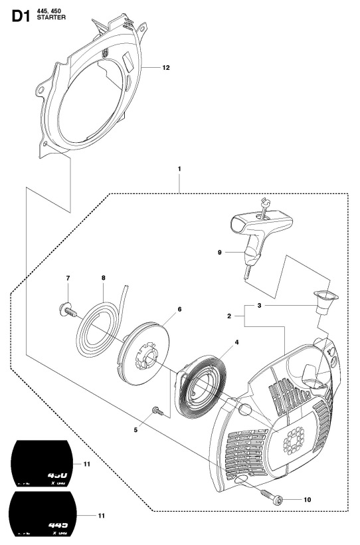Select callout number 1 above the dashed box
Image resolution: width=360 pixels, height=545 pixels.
[x=180, y=169]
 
